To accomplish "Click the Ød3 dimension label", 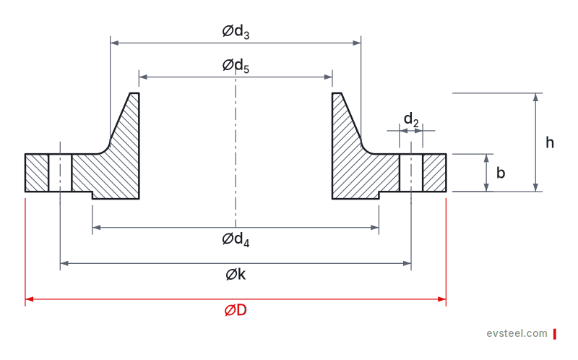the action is click(x=236, y=32).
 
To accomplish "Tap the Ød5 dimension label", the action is click(x=236, y=66).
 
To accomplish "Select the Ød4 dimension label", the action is click(x=236, y=239).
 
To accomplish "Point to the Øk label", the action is click(x=236, y=275).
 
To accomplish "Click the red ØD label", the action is click(x=236, y=310).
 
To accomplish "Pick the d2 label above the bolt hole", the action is click(x=411, y=120).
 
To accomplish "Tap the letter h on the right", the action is click(x=550, y=142).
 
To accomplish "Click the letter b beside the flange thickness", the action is click(x=501, y=173).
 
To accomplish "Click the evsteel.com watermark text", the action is click(x=517, y=333).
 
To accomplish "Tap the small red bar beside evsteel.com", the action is click(x=554, y=334).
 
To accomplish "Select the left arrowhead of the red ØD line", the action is click(x=30, y=299).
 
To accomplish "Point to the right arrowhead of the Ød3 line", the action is click(x=356, y=43).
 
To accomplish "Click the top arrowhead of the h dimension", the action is click(x=536, y=98).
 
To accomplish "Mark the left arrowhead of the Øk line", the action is click(x=64, y=263).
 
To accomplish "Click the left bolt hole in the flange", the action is click(x=60, y=173).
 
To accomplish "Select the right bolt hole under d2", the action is click(x=411, y=173).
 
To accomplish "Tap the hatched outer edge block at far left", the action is click(x=37, y=173).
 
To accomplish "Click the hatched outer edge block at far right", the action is click(x=434, y=173).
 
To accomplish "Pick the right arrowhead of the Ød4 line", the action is click(x=374, y=228).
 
